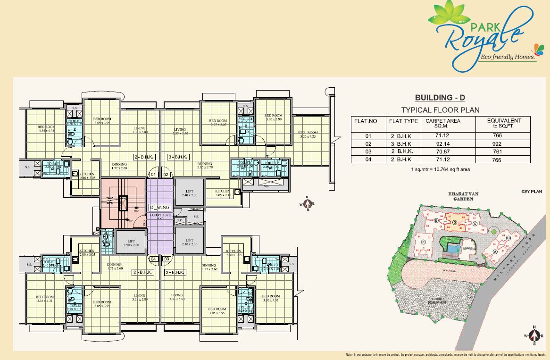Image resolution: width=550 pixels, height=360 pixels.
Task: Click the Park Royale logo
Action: (x=476, y=35)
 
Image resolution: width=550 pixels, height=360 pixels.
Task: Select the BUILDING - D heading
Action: (x=440, y=98)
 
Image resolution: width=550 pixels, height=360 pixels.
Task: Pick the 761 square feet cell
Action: (x=497, y=151)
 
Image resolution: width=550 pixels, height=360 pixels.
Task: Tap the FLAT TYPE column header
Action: (x=403, y=121)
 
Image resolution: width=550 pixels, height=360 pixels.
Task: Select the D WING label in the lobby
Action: (x=159, y=207)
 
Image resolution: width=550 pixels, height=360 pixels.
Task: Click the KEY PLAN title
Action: (x=532, y=192)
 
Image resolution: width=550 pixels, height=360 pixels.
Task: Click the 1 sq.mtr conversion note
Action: (x=440, y=169)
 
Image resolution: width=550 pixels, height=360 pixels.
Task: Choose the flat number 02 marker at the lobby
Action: (x=166, y=175)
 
